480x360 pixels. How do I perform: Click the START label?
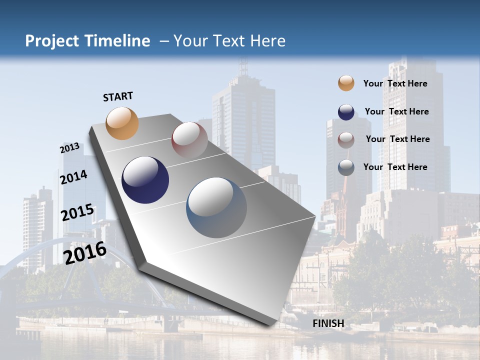tap(118, 96)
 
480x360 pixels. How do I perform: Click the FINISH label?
tap(328, 323)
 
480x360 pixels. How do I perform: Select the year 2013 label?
tap(69, 148)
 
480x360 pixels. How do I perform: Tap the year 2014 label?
tap(73, 177)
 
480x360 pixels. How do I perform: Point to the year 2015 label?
tap(77, 212)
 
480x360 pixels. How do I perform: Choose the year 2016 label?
tap(85, 252)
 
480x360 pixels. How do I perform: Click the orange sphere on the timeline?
tap(122, 123)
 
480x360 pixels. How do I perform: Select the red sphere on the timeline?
tap(189, 140)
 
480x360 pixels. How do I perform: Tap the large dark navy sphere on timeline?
tap(145, 180)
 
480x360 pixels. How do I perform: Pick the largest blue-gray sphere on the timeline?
tap(216, 207)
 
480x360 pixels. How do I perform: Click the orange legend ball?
tap(346, 83)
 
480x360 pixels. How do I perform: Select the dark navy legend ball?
tap(346, 112)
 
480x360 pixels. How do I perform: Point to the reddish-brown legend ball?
tap(346, 139)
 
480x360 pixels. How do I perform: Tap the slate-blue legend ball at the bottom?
tap(346, 167)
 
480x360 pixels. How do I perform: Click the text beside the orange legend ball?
tap(395, 83)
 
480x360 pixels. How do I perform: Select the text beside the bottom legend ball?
tap(395, 167)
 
